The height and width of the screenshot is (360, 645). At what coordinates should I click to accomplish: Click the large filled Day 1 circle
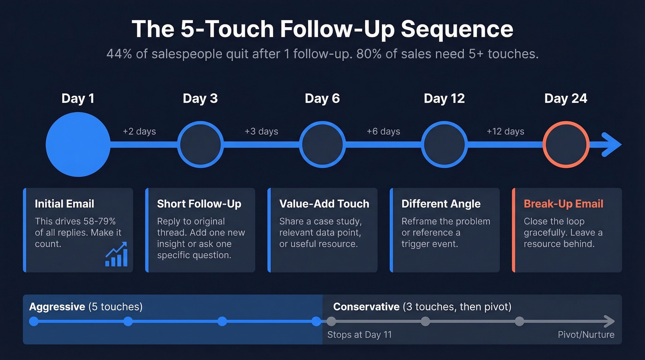(x=78, y=145)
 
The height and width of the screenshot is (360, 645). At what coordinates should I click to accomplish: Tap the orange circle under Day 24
(x=566, y=145)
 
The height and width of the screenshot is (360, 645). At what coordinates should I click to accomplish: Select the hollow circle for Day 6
(x=322, y=145)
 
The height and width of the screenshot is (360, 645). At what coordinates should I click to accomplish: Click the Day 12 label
(x=444, y=99)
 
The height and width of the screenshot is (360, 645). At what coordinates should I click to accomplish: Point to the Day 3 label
(x=200, y=99)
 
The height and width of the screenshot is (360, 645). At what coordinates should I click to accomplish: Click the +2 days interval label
(x=139, y=131)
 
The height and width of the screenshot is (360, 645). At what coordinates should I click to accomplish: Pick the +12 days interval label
(x=505, y=131)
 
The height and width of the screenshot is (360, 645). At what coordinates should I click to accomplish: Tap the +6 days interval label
(x=383, y=131)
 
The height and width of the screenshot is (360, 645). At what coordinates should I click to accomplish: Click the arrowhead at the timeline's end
(x=612, y=145)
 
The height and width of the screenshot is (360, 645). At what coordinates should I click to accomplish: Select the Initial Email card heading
(x=64, y=204)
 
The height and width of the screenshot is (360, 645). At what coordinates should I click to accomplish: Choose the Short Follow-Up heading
(x=199, y=204)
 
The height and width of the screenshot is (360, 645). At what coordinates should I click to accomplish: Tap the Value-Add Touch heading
(x=324, y=204)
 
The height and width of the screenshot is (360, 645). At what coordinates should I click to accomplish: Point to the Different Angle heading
(x=441, y=204)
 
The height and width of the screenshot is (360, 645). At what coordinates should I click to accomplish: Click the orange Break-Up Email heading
(x=563, y=204)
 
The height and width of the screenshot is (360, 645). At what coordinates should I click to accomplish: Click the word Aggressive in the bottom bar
(x=57, y=307)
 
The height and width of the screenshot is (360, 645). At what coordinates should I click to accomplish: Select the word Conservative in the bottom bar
(x=366, y=307)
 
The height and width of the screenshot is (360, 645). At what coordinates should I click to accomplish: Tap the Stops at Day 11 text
(x=359, y=335)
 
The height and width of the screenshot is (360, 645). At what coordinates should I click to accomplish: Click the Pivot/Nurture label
(x=586, y=335)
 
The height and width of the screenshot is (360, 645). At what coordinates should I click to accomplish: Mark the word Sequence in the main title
(x=457, y=29)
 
